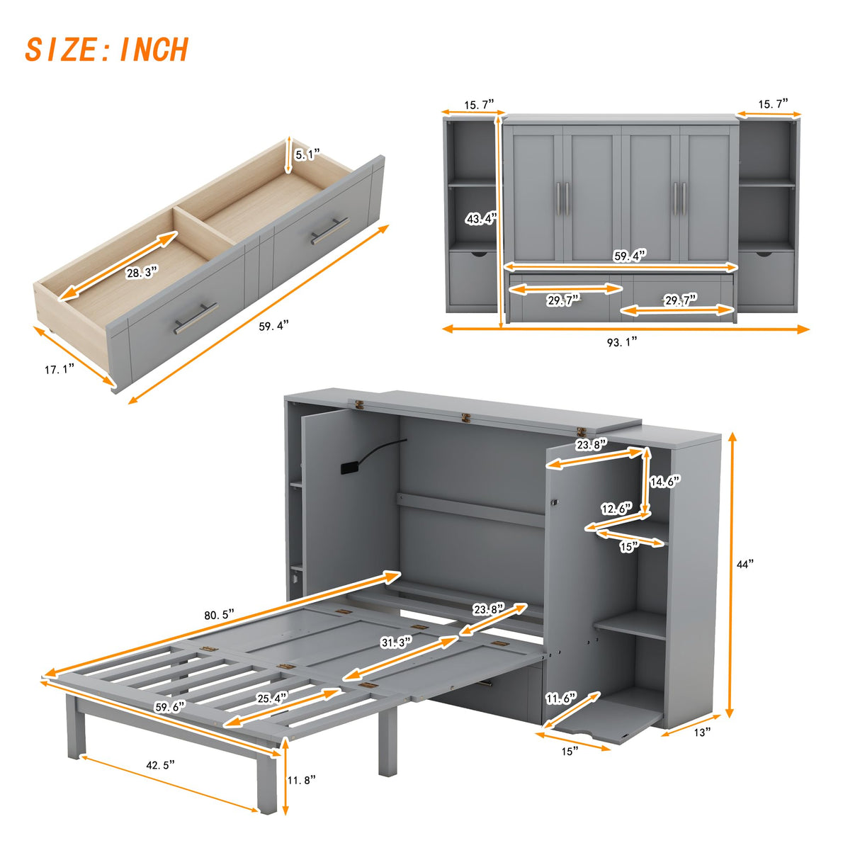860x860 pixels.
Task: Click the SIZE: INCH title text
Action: click(106, 50)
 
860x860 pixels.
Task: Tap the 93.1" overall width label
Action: click(622, 341)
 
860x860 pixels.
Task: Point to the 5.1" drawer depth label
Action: click(307, 154)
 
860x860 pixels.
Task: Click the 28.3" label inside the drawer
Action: click(141, 272)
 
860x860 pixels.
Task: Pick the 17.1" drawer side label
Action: click(60, 369)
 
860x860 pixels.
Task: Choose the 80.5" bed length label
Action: click(219, 615)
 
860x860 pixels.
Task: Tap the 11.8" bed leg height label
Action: click(301, 780)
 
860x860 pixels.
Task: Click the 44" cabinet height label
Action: click(745, 564)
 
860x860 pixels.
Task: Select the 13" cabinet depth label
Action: click(701, 732)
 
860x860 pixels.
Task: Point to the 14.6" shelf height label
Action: click(664, 482)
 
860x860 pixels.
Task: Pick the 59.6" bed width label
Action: click(170, 706)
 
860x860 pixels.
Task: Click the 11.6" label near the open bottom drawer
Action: click(560, 698)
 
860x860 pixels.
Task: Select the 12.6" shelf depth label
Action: click(616, 509)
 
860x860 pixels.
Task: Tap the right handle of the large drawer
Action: click(329, 230)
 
